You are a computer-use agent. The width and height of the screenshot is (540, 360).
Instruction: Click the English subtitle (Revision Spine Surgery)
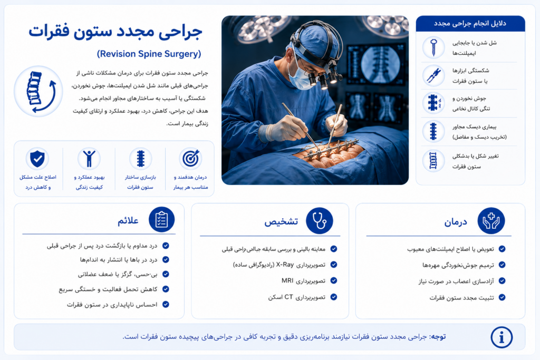[149, 54]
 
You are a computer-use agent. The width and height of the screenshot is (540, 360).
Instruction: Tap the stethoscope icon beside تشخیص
[319, 221]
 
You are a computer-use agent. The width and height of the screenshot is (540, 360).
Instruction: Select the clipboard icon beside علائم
[162, 220]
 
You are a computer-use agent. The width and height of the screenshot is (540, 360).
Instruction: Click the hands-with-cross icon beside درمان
[491, 221]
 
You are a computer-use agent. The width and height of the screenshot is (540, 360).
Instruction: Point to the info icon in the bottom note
[502, 337]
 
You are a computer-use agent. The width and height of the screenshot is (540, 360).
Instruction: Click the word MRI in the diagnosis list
[287, 280]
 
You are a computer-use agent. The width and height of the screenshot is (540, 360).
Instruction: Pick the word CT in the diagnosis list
[288, 297]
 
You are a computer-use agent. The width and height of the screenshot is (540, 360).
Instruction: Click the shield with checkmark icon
[37, 159]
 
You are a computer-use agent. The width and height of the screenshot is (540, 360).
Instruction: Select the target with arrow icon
[190, 159]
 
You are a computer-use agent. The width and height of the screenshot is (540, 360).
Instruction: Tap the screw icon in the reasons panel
[433, 47]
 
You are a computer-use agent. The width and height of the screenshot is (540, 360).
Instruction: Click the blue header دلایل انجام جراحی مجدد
[470, 23]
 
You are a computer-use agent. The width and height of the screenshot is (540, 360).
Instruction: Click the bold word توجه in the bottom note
[438, 337]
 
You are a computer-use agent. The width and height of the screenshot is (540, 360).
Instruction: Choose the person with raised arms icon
[89, 159]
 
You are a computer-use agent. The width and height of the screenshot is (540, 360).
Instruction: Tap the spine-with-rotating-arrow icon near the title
[38, 92]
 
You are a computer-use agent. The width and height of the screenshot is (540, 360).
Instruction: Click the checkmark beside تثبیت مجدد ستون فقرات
[502, 297]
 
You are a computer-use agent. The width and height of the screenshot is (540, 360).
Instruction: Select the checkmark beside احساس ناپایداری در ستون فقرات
[166, 304]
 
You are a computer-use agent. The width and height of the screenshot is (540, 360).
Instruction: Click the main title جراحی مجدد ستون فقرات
[115, 32]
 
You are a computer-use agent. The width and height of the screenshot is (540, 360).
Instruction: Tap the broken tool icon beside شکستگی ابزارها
[433, 75]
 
